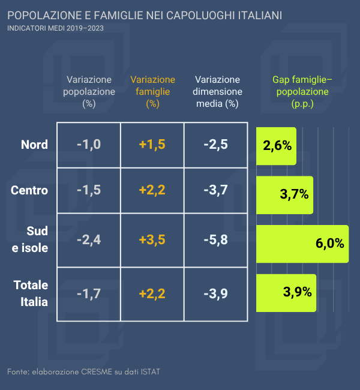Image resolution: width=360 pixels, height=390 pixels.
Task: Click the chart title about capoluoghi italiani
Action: (x=145, y=14)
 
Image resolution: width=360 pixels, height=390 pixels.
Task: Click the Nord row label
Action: (x=34, y=145)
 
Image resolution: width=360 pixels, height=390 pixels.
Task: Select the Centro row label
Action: (x=29, y=190)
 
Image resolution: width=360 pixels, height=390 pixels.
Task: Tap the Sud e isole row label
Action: (x=31, y=239)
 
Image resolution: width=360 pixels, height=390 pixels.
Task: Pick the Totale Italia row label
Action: (x=31, y=293)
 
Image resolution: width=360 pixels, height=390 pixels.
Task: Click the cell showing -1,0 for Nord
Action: (x=89, y=145)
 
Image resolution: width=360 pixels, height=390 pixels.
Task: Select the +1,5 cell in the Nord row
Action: (x=152, y=145)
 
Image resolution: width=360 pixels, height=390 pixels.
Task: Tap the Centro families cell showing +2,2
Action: (x=152, y=190)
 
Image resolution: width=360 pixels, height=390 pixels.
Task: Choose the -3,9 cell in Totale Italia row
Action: (x=215, y=293)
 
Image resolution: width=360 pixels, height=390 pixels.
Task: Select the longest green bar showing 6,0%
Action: (x=302, y=243)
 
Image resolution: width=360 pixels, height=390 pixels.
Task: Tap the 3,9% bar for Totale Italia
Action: (x=286, y=293)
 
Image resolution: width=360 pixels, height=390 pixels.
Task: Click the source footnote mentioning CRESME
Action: (x=83, y=372)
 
